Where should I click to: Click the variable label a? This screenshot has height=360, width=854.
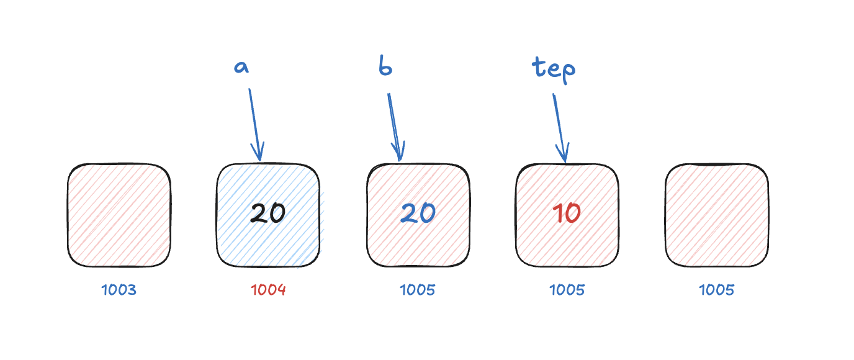(x=241, y=67)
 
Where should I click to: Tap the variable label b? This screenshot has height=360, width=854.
(x=385, y=66)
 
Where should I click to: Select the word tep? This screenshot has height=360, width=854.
(x=554, y=68)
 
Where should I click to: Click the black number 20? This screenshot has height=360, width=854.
(x=267, y=214)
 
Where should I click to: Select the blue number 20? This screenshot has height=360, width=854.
(x=418, y=214)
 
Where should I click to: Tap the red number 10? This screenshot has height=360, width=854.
(x=566, y=214)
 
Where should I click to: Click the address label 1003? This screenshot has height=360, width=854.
(x=119, y=290)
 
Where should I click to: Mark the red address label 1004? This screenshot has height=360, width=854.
(x=268, y=290)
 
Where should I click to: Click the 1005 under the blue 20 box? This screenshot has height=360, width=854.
(x=418, y=290)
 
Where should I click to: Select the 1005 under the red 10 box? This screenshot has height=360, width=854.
(x=567, y=290)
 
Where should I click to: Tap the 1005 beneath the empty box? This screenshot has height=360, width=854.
(x=716, y=290)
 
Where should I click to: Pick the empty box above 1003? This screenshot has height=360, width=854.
(x=119, y=215)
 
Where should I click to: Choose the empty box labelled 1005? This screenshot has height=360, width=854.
(x=716, y=215)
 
